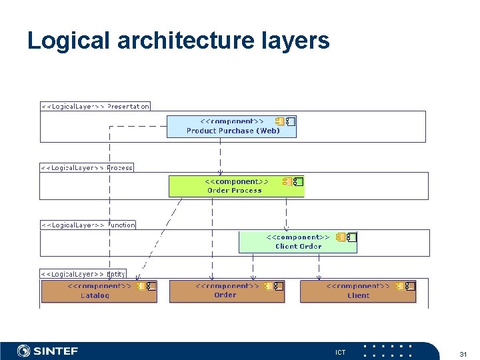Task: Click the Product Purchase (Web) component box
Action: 231,127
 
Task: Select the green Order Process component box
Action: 236,186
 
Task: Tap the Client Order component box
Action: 297,241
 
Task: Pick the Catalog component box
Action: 99,291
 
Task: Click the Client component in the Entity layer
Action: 358,291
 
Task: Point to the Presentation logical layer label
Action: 95,106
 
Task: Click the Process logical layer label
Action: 87,168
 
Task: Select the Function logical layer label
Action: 88,225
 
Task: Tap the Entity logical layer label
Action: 83,274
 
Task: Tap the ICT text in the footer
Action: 340,352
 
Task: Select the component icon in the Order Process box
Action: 293,181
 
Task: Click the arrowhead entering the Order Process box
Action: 220,172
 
